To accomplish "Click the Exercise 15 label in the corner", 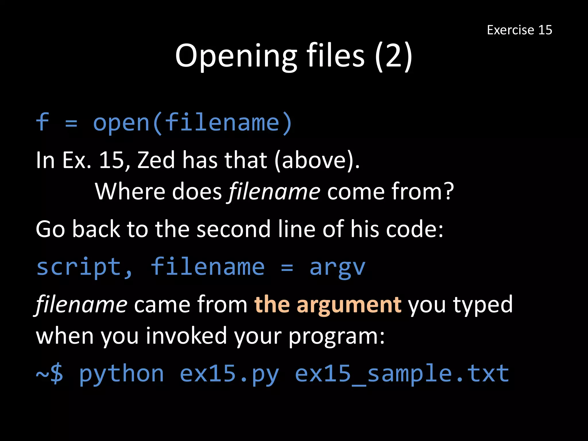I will click(519, 30).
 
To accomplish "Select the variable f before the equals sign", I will click(42, 122).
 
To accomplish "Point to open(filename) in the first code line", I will click(193, 123).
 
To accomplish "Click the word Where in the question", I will click(130, 191).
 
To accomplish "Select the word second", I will click(233, 229).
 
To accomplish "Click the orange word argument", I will click(349, 305).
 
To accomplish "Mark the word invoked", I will click(186, 336).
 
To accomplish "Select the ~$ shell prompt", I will click(49, 374).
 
